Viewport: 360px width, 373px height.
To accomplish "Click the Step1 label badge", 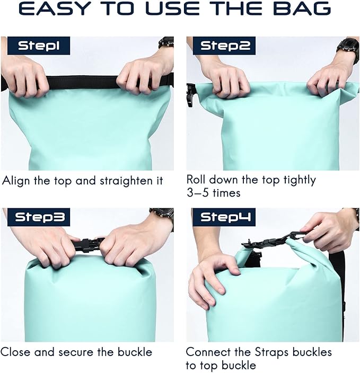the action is click(39, 46).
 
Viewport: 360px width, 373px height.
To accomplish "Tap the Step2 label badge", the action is click(224, 46).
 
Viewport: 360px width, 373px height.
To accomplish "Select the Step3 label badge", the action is click(39, 217).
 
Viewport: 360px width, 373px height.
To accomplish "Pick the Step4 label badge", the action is click(224, 217).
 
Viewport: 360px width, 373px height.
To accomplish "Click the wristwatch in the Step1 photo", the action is click(166, 42).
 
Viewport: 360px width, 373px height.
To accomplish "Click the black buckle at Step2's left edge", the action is click(191, 95).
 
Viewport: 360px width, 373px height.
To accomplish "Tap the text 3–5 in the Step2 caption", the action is click(198, 193).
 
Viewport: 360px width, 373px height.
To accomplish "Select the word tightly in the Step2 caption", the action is click(300, 180).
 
